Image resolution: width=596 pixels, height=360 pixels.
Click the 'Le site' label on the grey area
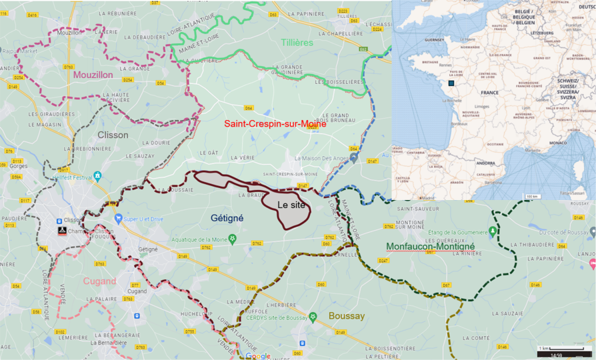[x=291, y=205]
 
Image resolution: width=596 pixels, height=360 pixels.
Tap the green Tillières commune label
[x=297, y=43]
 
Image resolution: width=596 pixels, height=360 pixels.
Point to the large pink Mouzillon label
[x=93, y=75]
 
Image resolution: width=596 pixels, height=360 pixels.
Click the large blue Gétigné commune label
[x=227, y=218]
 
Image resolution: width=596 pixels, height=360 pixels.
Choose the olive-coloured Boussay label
[x=346, y=315]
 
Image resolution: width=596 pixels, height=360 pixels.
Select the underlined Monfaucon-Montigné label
[x=430, y=246]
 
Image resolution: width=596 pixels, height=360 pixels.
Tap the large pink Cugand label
[x=100, y=281]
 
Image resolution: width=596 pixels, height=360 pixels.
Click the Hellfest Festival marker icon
[x=97, y=175]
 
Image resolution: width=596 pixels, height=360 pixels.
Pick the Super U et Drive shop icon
[x=119, y=218]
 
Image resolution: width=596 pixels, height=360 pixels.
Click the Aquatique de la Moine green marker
[x=232, y=238]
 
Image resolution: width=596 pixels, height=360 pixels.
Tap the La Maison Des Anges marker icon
[x=354, y=158]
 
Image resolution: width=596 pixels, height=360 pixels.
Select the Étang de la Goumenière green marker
[x=492, y=231]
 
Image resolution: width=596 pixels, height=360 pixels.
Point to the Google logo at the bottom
[x=258, y=355]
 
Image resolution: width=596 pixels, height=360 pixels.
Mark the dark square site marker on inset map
[x=451, y=84]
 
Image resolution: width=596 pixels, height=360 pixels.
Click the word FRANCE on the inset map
[x=490, y=92]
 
